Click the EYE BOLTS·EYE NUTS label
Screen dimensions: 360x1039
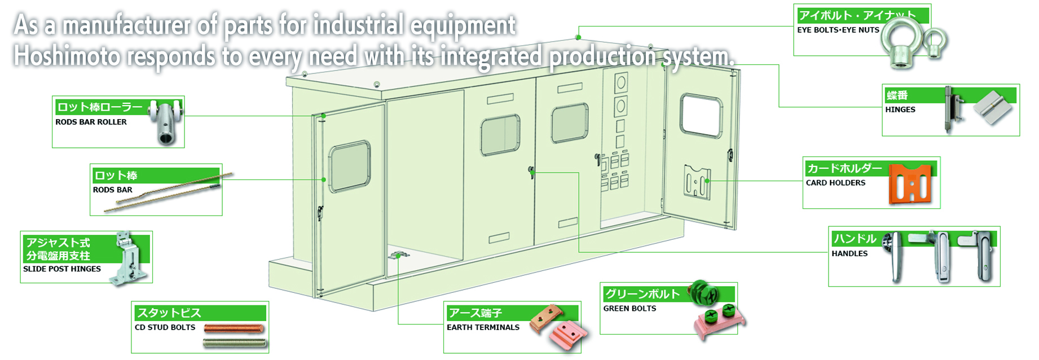point(838,30)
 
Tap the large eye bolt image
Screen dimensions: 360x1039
point(901,45)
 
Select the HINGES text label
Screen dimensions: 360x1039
point(900,109)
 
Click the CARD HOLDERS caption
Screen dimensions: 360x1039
point(835,183)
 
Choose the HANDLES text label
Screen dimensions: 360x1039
point(849,254)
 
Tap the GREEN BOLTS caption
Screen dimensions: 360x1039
point(629,309)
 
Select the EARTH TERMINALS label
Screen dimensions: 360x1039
point(483,327)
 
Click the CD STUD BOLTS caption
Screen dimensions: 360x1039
point(165,327)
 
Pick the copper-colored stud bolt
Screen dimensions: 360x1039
point(234,328)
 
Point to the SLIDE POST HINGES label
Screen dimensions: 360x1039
point(62,269)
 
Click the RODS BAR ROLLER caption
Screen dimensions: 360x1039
point(91,122)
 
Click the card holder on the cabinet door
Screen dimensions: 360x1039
point(697,182)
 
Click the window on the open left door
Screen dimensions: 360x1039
point(350,167)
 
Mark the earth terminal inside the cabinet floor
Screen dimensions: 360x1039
point(398,256)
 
